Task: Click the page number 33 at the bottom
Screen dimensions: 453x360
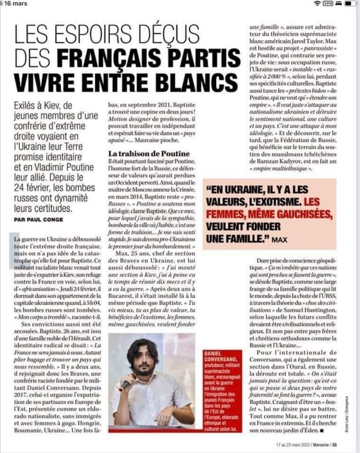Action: [334, 445]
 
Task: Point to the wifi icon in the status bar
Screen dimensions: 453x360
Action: [316, 3]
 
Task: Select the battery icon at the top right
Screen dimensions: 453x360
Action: [350, 3]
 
